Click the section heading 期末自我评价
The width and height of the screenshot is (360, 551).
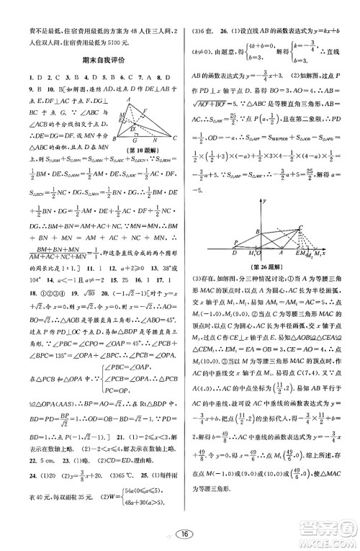point(99,61)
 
